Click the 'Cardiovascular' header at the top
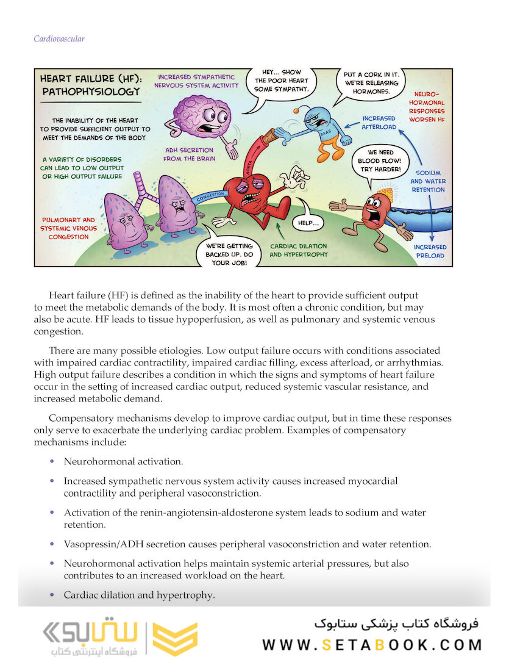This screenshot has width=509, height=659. (x=59, y=39)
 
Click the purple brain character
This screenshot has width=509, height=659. (x=201, y=116)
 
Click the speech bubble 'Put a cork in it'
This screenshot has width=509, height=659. (x=368, y=82)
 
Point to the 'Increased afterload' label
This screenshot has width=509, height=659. (x=379, y=123)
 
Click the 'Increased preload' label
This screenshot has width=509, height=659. (x=430, y=251)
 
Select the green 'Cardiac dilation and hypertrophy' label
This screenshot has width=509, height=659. (x=298, y=250)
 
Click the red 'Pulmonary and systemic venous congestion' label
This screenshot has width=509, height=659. (x=68, y=228)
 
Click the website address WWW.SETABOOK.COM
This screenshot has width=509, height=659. (x=372, y=644)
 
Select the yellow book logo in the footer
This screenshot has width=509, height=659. (x=175, y=638)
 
